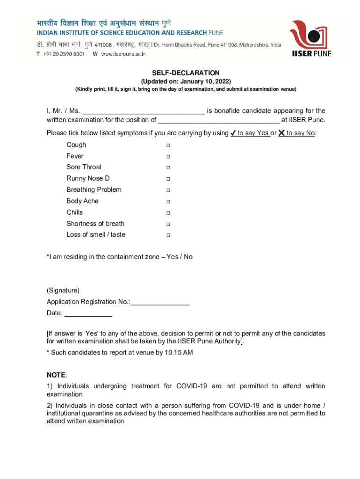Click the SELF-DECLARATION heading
(186, 73)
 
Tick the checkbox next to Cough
(168, 145)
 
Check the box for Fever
(168, 156)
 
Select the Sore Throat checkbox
(168, 167)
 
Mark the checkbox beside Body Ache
(168, 201)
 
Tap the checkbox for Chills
(168, 212)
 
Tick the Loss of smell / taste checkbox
(168, 235)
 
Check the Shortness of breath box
(168, 224)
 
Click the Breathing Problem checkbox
(168, 190)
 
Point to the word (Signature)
(63, 290)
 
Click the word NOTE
(56, 375)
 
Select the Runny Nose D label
(88, 179)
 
